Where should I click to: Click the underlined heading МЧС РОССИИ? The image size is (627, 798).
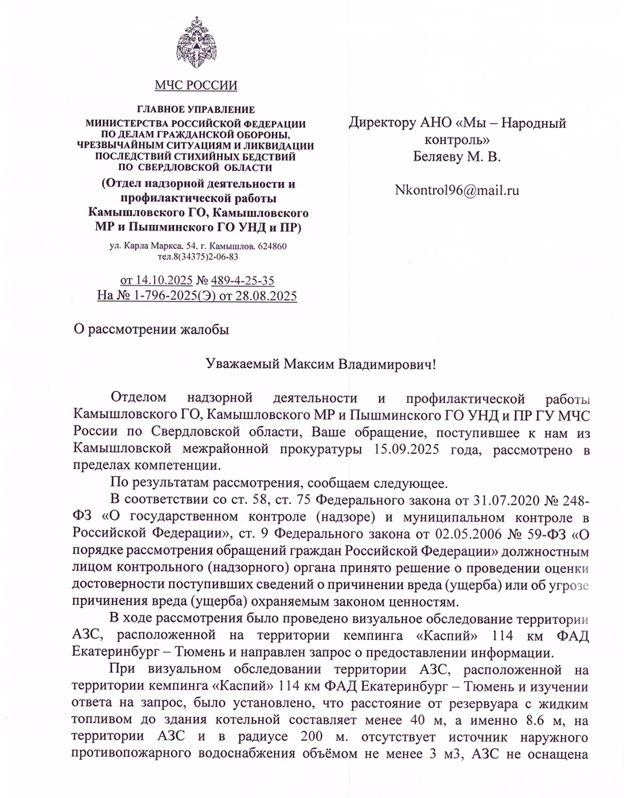coord(195,85)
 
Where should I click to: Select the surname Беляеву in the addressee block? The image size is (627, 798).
coord(439,157)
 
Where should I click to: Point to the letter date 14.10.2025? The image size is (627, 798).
coord(164,280)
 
